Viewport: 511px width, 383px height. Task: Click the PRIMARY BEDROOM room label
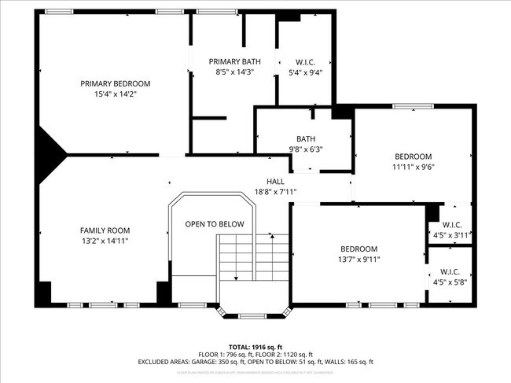[115, 83]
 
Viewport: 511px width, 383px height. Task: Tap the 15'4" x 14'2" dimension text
[115, 94]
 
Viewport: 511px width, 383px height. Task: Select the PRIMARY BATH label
[234, 61]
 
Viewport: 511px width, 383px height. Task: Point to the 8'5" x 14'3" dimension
[234, 72]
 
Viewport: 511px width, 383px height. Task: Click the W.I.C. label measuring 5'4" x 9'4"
[306, 61]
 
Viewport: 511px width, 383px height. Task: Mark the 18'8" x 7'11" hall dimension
[275, 192]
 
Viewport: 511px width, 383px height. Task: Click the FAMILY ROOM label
[104, 230]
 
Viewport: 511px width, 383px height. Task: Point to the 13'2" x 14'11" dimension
[104, 241]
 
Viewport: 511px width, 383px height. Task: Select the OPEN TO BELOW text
[215, 224]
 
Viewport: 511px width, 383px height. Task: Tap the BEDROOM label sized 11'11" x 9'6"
[413, 156]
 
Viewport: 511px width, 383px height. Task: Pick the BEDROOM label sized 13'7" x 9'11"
[358, 249]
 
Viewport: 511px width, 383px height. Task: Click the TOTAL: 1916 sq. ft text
[256, 346]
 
